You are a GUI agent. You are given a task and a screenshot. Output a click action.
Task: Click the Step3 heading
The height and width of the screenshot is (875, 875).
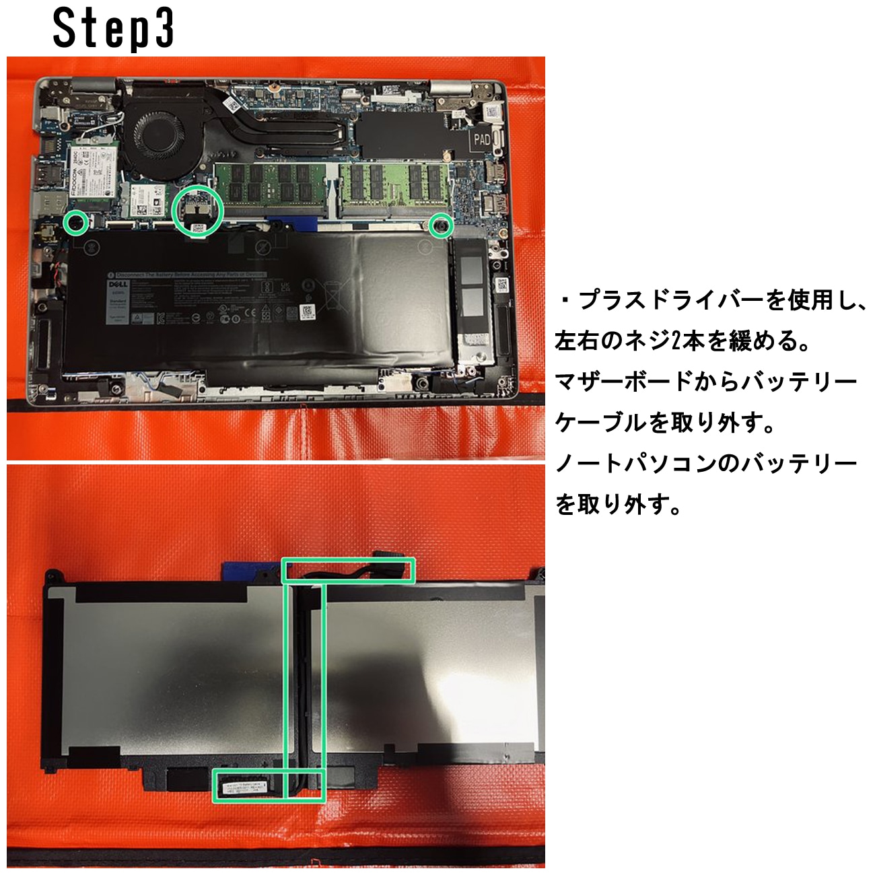coord(114,28)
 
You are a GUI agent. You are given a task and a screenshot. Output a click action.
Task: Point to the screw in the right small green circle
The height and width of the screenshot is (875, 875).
coord(441,225)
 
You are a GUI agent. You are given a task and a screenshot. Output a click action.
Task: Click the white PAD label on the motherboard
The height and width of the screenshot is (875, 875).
coord(482,139)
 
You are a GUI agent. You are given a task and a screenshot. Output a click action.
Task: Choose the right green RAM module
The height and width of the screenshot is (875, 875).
coord(394,183)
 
